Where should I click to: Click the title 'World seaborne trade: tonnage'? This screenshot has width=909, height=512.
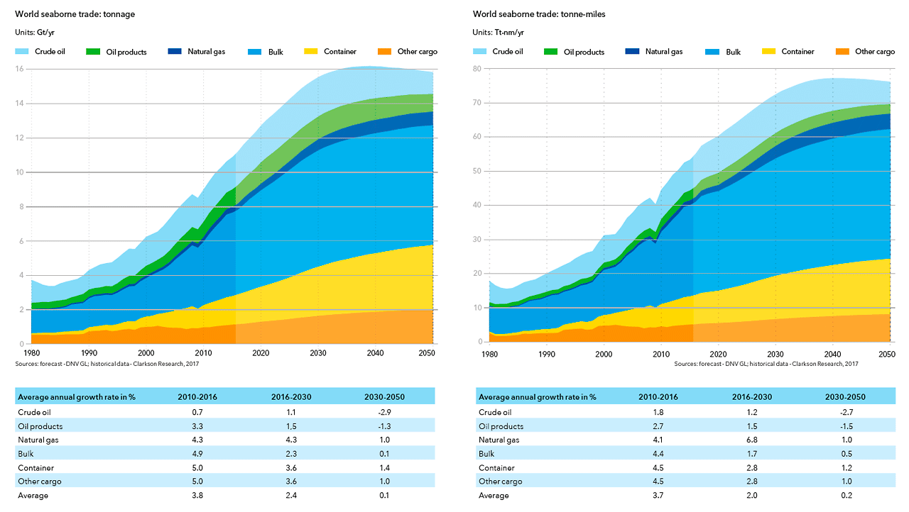click(x=75, y=14)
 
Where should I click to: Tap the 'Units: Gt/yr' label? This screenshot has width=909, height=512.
click(x=35, y=32)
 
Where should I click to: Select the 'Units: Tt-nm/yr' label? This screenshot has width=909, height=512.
click(x=499, y=32)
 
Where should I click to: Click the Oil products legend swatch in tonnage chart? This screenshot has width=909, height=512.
click(x=94, y=52)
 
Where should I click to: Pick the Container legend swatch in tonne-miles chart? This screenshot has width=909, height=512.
click(x=769, y=52)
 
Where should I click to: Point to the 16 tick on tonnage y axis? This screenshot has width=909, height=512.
click(x=21, y=69)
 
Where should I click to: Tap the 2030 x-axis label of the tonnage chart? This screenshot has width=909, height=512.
click(x=317, y=353)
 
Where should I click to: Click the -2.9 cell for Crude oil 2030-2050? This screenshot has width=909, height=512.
click(x=383, y=412)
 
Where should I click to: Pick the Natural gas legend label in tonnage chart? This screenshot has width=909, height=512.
click(x=206, y=51)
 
